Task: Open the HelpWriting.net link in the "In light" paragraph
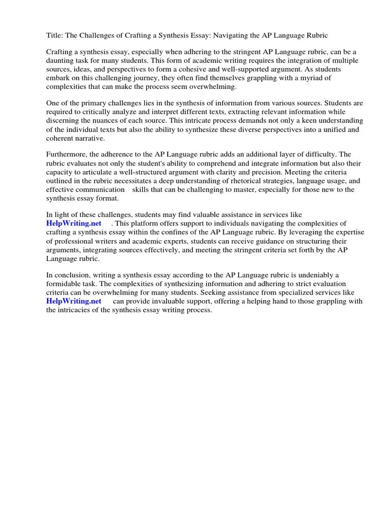coord(74,224)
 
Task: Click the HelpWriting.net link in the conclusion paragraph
coord(74,301)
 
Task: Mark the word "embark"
coord(58,78)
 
